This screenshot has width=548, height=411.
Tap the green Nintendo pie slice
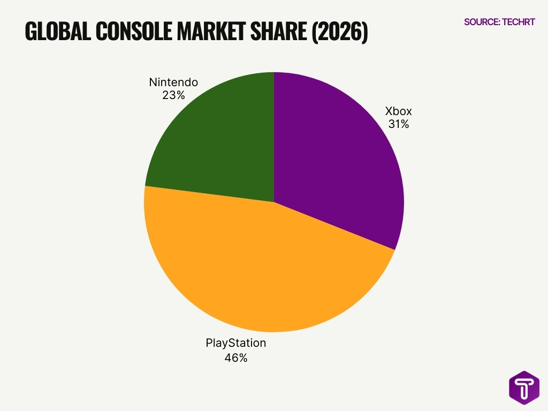219,144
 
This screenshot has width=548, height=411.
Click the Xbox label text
399,112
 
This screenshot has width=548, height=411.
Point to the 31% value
399,124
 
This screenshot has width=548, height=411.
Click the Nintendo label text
173,82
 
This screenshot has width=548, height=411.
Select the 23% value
173,95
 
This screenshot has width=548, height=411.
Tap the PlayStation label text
235,343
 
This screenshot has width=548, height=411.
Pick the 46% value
235,358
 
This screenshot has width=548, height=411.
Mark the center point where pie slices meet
274,202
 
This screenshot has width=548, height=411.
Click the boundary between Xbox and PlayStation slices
334,226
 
